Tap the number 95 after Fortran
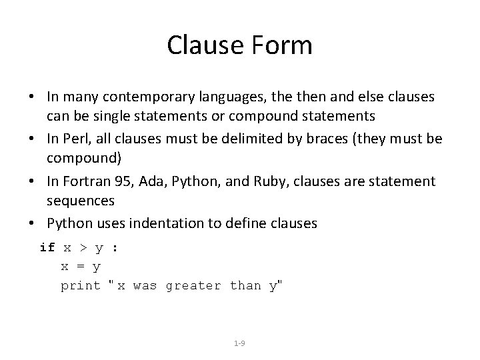(114, 181)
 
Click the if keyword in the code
(47, 247)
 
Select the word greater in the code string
(193, 286)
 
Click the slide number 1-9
(240, 343)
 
